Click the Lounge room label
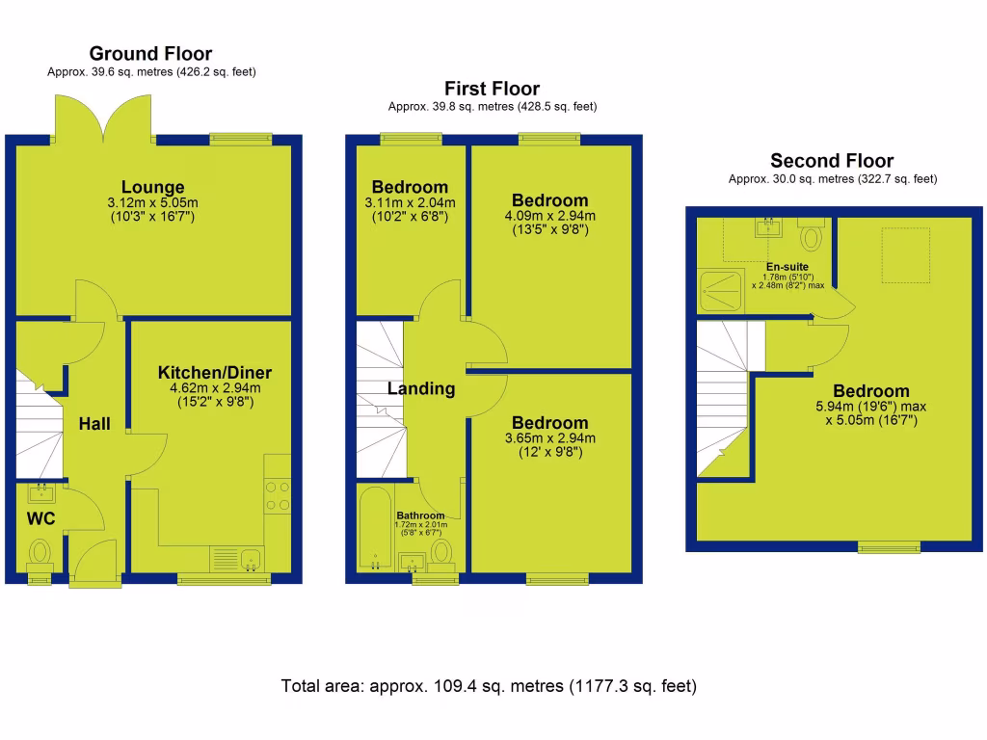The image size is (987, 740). [152, 187]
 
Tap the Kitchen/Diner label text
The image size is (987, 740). [215, 373]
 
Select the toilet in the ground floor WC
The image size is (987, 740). [40, 553]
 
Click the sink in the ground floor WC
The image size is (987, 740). [40, 494]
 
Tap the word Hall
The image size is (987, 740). [94, 424]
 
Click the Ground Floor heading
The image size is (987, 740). [150, 54]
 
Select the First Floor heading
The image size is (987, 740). [492, 89]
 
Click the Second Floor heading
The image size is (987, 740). [832, 161]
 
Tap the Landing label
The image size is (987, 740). [421, 389]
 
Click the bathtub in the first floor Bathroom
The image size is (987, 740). [374, 530]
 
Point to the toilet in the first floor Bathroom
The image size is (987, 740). [441, 551]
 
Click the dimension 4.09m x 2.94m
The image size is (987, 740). [549, 216]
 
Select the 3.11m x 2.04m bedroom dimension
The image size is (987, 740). [410, 202]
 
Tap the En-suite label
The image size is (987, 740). [787, 267]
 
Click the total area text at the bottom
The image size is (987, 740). [489, 687]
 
